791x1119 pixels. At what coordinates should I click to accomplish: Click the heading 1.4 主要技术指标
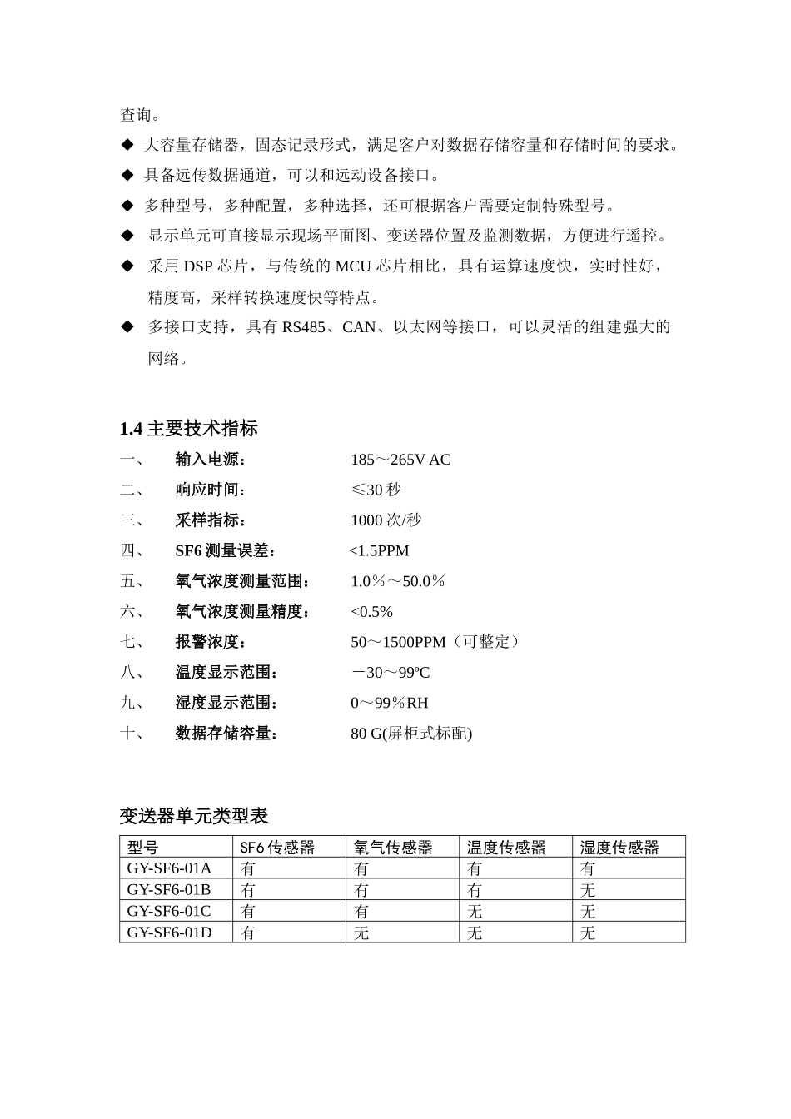click(189, 429)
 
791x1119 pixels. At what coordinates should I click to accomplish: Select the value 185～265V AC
click(400, 460)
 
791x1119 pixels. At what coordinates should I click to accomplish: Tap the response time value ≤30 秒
click(376, 490)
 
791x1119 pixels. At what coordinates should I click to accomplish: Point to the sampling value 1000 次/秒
click(386, 520)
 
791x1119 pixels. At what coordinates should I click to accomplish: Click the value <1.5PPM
click(379, 551)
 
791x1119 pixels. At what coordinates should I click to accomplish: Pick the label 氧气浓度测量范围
click(242, 581)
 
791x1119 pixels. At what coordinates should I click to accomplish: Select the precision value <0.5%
click(371, 612)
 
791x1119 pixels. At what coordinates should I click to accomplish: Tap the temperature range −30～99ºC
click(391, 673)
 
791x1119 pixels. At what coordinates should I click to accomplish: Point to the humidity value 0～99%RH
click(390, 703)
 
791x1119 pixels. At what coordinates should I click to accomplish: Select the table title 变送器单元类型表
click(193, 816)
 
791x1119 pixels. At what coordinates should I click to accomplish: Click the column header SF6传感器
click(277, 848)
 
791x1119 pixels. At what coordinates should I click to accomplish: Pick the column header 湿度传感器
click(619, 848)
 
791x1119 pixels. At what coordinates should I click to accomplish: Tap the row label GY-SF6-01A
click(169, 868)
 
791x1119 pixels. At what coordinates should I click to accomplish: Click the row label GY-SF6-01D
click(169, 932)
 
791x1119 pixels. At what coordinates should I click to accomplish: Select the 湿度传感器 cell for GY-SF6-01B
click(588, 890)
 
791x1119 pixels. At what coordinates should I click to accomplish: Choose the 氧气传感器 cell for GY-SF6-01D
click(361, 932)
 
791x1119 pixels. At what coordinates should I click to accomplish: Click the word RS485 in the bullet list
click(303, 327)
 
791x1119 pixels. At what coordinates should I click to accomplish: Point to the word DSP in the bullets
click(198, 266)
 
